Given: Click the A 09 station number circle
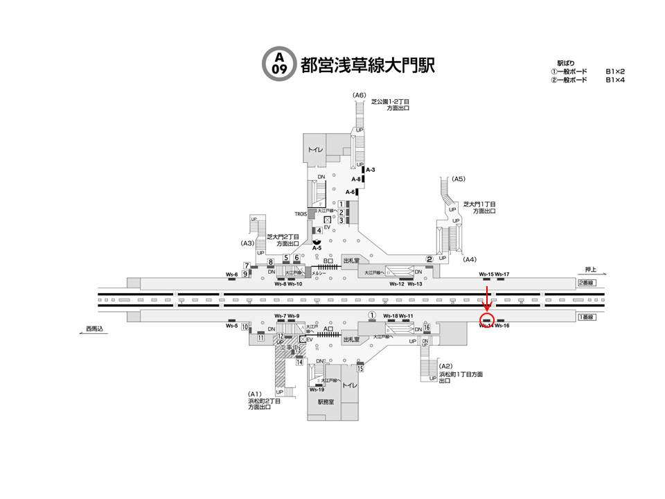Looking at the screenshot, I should [279, 63].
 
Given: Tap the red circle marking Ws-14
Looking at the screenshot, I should [487, 320].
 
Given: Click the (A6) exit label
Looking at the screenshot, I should [359, 95].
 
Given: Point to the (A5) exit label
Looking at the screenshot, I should [458, 179].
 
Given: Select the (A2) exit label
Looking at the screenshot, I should [446, 367].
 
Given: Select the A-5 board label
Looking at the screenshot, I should [317, 247].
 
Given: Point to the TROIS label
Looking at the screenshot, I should [301, 214].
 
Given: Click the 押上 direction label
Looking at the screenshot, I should [591, 270].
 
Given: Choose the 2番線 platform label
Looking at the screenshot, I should [586, 283].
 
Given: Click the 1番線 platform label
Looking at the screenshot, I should [586, 316].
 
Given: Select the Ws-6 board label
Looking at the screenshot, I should [232, 275].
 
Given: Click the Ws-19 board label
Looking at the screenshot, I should [317, 389].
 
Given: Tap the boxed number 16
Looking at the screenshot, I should [427, 327].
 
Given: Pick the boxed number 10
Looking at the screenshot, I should [245, 326].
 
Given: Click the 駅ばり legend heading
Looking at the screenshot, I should [566, 63].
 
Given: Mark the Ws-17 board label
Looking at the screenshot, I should [502, 275].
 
